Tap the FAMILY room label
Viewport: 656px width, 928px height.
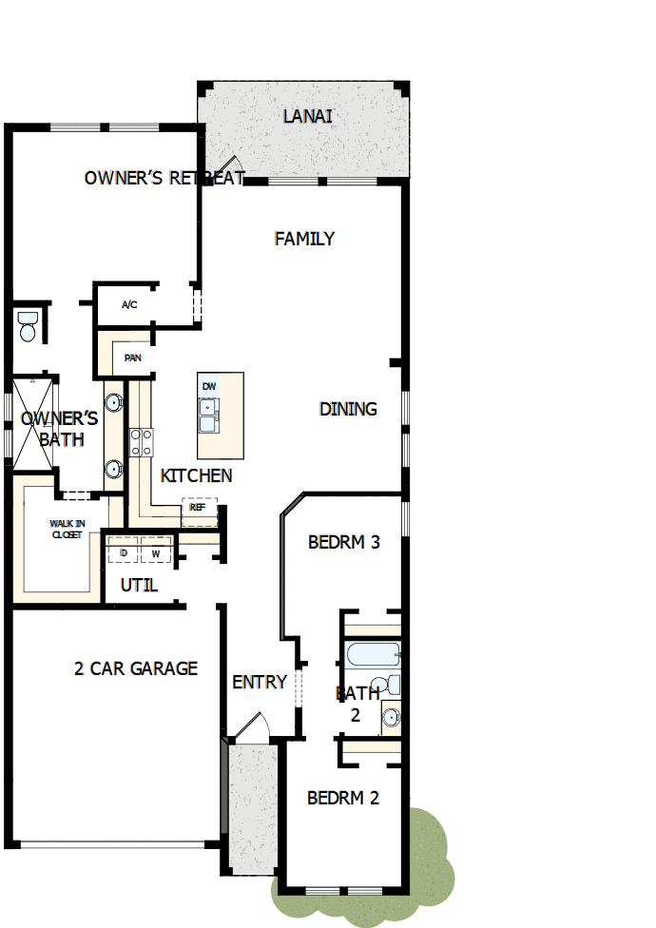(304, 239)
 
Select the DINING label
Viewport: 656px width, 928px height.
(348, 409)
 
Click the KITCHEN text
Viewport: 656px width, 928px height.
(196, 475)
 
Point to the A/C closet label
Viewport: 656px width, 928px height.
(130, 305)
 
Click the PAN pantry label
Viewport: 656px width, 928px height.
(132, 358)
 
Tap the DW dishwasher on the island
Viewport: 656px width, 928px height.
(209, 386)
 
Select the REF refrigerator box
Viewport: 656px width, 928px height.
(199, 508)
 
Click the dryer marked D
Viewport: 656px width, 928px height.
(124, 552)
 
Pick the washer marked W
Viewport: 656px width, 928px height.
(156, 552)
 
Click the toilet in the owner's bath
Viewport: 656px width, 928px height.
(28, 327)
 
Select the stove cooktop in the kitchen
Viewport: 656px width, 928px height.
(142, 441)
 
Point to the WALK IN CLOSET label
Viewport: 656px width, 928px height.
(67, 529)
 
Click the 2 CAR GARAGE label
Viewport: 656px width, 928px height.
(136, 668)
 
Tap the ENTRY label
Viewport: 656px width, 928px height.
(260, 682)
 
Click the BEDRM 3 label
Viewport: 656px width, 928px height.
(344, 543)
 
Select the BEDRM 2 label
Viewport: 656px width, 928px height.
(343, 798)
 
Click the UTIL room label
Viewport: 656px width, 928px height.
(139, 585)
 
